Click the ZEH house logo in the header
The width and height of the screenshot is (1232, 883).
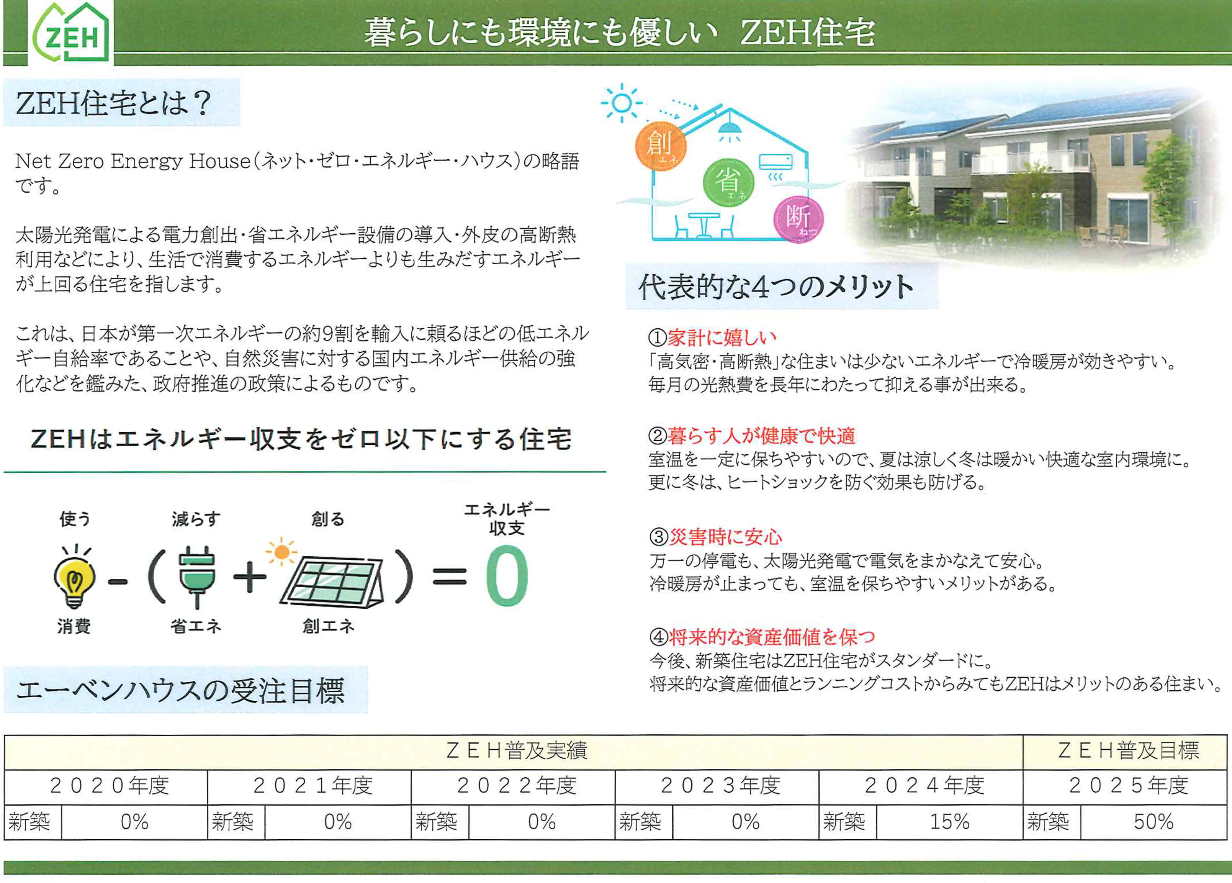[x=70, y=33]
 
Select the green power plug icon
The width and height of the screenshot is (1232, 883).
[x=196, y=577]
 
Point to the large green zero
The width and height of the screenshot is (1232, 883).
[x=506, y=576]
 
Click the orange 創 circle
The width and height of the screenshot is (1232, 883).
[x=661, y=145]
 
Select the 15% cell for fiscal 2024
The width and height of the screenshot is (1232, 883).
[x=949, y=822]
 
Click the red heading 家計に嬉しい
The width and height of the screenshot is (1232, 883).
[x=722, y=337]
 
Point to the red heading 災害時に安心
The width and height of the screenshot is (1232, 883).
[x=725, y=537]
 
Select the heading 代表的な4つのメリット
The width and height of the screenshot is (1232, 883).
[x=776, y=287]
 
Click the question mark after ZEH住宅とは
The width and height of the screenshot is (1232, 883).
[x=202, y=103]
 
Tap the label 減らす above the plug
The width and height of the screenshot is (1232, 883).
[x=196, y=519]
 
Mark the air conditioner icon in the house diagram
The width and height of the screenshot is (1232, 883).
[x=775, y=162]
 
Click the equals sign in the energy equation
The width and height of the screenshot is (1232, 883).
[x=449, y=577]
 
